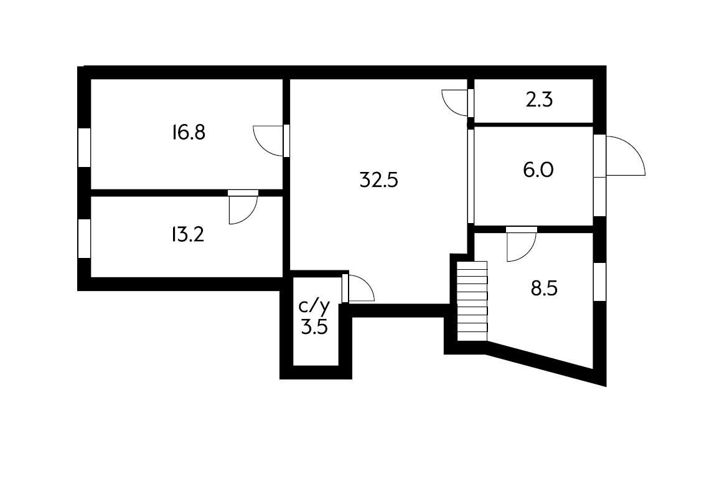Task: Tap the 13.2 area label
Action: (x=187, y=235)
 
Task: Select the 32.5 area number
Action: (x=378, y=180)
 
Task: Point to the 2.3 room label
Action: (x=539, y=100)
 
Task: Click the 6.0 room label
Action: (x=538, y=169)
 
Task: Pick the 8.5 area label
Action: (x=543, y=289)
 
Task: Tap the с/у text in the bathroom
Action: (x=314, y=306)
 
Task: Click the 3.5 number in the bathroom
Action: (x=314, y=326)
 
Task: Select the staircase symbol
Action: (x=472, y=301)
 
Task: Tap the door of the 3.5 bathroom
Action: (x=360, y=288)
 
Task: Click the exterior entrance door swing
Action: (x=626, y=156)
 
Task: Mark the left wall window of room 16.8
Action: (x=84, y=147)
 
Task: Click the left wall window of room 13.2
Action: (x=84, y=238)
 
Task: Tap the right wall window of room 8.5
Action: (x=599, y=282)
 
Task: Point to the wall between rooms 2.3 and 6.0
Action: (x=533, y=124)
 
